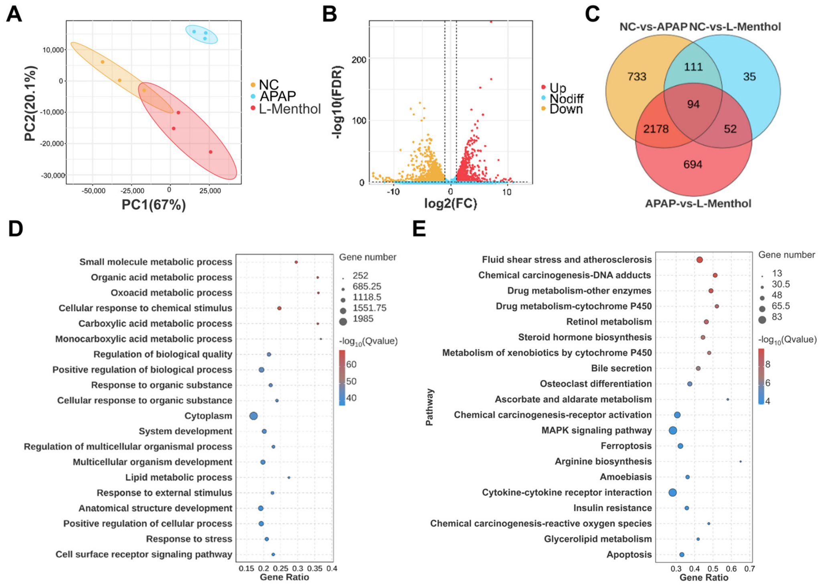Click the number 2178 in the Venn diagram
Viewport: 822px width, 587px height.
point(656,129)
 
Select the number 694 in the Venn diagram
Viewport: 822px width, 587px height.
point(693,164)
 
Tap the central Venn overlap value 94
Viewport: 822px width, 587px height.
point(693,104)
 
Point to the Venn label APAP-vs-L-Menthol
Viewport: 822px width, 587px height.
point(698,204)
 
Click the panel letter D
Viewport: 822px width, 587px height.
point(16,229)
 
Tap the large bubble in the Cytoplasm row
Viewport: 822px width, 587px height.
point(253,416)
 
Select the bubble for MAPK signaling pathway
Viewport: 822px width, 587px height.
point(673,430)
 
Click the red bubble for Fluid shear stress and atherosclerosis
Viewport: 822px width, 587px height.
point(700,260)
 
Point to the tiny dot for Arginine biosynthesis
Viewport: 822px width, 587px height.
point(741,461)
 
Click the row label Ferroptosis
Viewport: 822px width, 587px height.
point(626,446)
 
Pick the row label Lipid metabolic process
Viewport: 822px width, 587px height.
point(179,477)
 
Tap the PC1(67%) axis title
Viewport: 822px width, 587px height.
point(154,205)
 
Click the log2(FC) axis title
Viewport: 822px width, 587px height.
point(451,204)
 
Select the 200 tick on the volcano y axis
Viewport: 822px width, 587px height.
point(359,59)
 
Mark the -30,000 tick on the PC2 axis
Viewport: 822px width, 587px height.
point(53,175)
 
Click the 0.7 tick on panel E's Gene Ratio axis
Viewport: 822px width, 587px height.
point(749,569)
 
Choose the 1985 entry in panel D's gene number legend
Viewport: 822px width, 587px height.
point(363,319)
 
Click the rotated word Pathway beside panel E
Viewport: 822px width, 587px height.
point(429,407)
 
